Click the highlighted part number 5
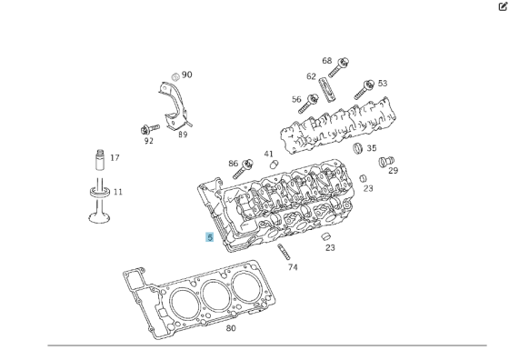pos(210,237)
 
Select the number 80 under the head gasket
pos(231,328)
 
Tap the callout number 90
pos(187,75)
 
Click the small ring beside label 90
pos(175,75)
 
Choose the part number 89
pos(183,135)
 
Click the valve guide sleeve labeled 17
pos(98,163)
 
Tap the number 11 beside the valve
pos(117,192)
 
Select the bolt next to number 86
pos(242,168)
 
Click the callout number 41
pos(268,154)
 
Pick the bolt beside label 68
pos(343,65)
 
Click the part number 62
pos(311,76)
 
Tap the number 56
pos(296,99)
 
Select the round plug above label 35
pos(358,147)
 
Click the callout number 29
pos(394,170)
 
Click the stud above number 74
pos(284,251)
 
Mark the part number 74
pos(293,267)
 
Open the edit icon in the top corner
pos(502,6)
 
